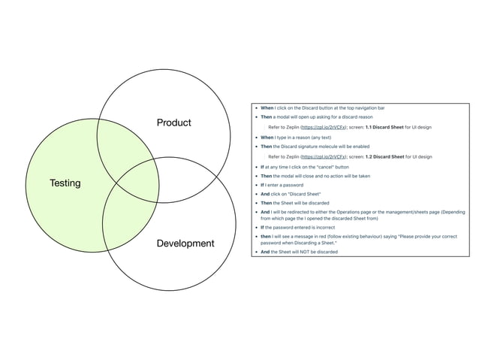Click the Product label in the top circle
tap(173, 123)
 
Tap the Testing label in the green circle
tap(65, 183)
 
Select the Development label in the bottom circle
tap(185, 244)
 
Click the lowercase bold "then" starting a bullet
tap(266, 237)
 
